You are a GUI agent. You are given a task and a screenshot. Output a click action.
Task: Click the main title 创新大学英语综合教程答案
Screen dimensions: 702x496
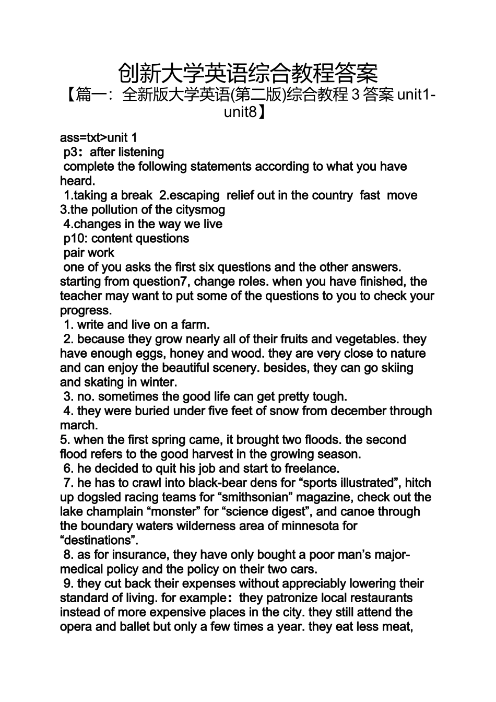click(x=247, y=74)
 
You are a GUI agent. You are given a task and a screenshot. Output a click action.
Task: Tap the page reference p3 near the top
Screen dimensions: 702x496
click(x=70, y=153)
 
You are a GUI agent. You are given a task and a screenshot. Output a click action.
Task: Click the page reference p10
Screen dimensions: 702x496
click(x=73, y=239)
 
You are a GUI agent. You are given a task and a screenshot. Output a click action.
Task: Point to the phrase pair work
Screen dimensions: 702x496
click(x=89, y=253)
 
